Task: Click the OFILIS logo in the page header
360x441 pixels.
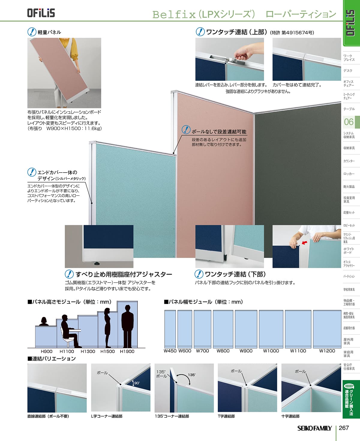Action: pyautogui.click(x=41, y=13)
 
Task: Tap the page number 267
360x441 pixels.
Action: pyautogui.click(x=344, y=428)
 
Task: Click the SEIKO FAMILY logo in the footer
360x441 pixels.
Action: pyautogui.click(x=314, y=428)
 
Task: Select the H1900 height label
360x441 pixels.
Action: pyautogui.click(x=127, y=351)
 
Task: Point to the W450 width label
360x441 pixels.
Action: pyautogui.click(x=170, y=351)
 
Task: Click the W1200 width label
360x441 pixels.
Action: pyautogui.click(x=327, y=351)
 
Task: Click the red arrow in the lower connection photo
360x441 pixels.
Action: pyautogui.click(x=304, y=243)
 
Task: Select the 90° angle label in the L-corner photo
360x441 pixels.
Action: pyautogui.click(x=137, y=383)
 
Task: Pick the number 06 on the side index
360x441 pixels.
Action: pyautogui.click(x=349, y=122)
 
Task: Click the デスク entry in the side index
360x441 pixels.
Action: pyautogui.click(x=348, y=71)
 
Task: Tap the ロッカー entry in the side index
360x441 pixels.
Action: pyautogui.click(x=349, y=174)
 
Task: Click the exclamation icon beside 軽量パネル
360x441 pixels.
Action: pyautogui.click(x=32, y=32)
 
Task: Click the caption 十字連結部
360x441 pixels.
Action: pyautogui.click(x=290, y=416)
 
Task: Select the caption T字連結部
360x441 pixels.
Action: pyautogui.click(x=226, y=416)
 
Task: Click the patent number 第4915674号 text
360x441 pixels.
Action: pyautogui.click(x=298, y=33)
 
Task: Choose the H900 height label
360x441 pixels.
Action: pyautogui.click(x=46, y=351)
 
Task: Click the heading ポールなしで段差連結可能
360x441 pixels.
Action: pyautogui.click(x=219, y=132)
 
